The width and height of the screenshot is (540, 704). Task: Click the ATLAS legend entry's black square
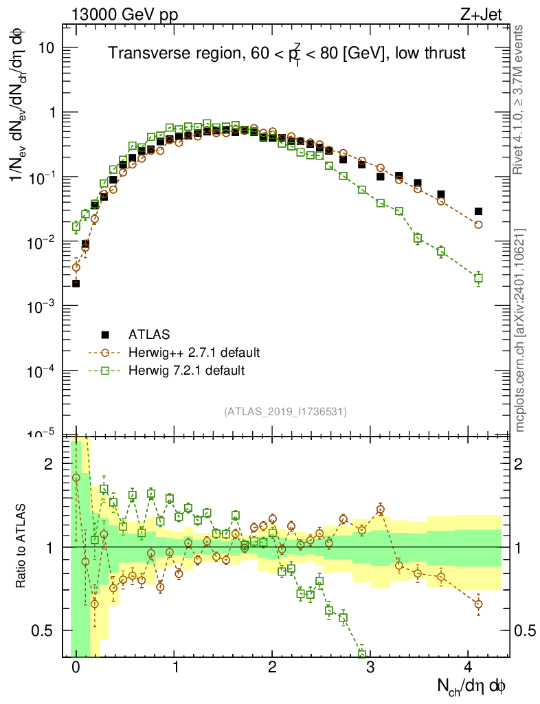[x=105, y=335]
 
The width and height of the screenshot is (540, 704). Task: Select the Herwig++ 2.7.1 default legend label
[x=194, y=353]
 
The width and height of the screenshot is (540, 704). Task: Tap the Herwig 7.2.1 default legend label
[x=186, y=371]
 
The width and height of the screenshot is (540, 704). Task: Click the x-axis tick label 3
[x=370, y=667]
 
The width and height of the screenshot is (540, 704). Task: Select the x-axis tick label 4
[x=469, y=667]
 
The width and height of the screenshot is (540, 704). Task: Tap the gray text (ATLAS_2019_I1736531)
[x=285, y=412]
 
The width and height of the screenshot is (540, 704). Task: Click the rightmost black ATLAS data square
[x=478, y=211]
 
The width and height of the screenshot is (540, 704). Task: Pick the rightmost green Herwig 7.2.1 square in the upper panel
[x=478, y=278]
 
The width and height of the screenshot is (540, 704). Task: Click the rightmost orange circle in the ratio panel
[x=478, y=604]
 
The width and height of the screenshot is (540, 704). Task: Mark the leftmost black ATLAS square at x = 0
[x=76, y=283]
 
